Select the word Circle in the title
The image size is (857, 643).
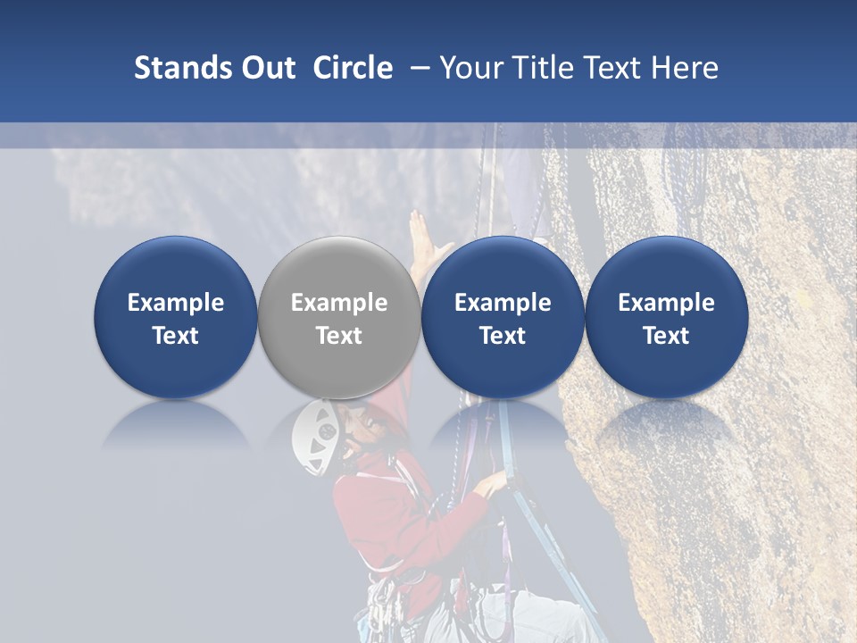click(353, 68)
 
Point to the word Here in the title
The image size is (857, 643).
click(686, 68)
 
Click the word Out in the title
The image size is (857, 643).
click(266, 68)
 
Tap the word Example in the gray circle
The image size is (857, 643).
click(339, 303)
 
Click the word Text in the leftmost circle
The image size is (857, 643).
click(175, 336)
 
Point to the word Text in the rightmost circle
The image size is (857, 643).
click(666, 336)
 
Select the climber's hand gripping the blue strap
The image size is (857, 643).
click(492, 484)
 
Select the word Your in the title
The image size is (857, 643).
click(471, 68)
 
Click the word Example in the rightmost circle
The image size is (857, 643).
click(666, 303)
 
